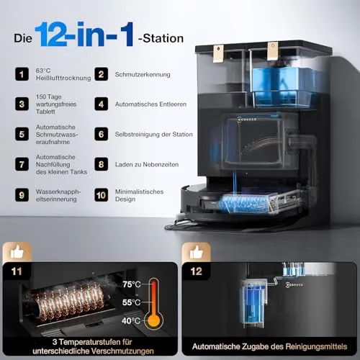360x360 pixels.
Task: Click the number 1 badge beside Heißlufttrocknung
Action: tap(22, 74)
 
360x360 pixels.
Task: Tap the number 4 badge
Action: tap(101, 104)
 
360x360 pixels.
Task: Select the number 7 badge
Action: tap(22, 164)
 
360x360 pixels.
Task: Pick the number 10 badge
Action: tap(101, 195)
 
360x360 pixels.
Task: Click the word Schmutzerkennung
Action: tap(143, 74)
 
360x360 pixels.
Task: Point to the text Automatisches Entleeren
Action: tap(150, 104)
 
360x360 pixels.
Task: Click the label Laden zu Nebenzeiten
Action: tap(147, 164)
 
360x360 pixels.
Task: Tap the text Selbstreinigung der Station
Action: tap(154, 134)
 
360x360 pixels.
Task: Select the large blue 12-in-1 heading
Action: tap(84, 34)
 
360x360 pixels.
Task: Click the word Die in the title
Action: tap(23, 38)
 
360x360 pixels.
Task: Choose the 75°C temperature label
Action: tap(132, 284)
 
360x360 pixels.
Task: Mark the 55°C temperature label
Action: tap(131, 302)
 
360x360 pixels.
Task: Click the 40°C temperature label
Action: tap(131, 320)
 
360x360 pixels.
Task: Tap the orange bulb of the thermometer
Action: tap(153, 320)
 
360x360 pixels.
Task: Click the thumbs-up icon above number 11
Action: tap(17, 252)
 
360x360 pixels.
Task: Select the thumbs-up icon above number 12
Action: tap(197, 252)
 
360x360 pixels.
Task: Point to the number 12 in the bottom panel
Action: tap(197, 271)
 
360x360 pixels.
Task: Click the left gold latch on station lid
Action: tap(218, 53)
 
